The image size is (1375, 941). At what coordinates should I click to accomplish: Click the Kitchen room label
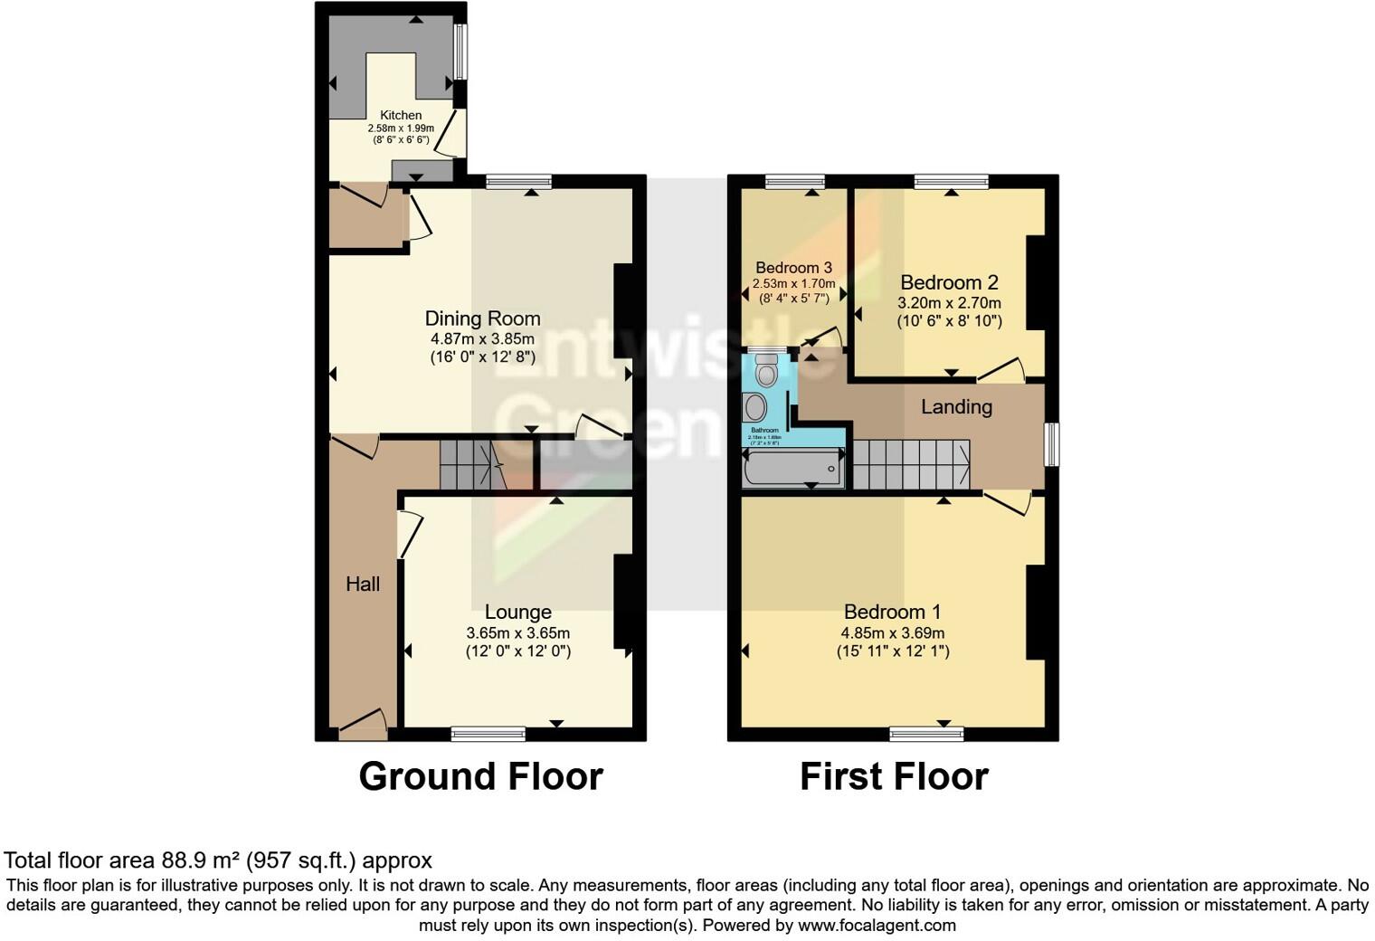coord(401,116)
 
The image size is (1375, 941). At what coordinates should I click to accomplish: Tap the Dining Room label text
coord(482,318)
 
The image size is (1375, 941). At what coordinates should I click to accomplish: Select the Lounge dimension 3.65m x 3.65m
coord(517,633)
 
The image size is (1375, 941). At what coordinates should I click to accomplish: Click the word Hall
coord(363,585)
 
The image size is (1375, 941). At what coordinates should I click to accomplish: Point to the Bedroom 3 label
coord(793,268)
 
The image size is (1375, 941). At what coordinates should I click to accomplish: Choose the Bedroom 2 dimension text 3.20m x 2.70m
coord(949,304)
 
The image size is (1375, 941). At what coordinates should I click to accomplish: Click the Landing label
coord(956,407)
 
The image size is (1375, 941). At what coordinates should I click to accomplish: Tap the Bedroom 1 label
coord(892,613)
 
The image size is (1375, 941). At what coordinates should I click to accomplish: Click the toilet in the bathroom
coord(767,372)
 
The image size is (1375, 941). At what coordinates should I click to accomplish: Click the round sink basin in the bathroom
coord(755,407)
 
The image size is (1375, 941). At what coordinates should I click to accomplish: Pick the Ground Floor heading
coord(480,776)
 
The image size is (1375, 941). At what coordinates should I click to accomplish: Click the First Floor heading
coord(894,776)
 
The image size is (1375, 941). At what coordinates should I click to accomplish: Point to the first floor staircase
coord(911,463)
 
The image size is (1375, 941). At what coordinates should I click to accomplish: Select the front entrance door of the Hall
coord(362,724)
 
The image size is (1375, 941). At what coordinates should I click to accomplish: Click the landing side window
coord(1052,445)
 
